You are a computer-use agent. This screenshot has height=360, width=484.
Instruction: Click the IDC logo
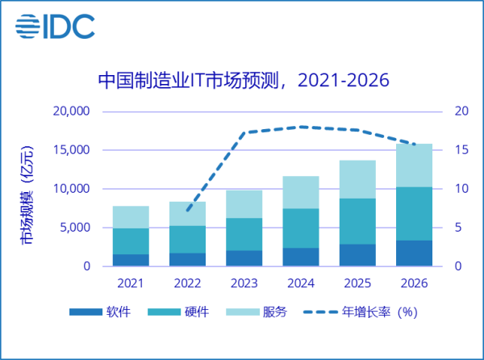click(55, 26)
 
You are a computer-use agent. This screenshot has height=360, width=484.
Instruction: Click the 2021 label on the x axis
click(130, 284)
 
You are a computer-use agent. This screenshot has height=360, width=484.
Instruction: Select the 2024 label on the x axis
click(299, 284)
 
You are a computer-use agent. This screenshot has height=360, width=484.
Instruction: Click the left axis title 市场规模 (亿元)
click(27, 197)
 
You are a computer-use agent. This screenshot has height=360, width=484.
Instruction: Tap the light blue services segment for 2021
click(130, 217)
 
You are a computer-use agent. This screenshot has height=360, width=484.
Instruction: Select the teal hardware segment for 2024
click(299, 228)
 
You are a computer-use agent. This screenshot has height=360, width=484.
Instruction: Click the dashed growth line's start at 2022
click(187, 211)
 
